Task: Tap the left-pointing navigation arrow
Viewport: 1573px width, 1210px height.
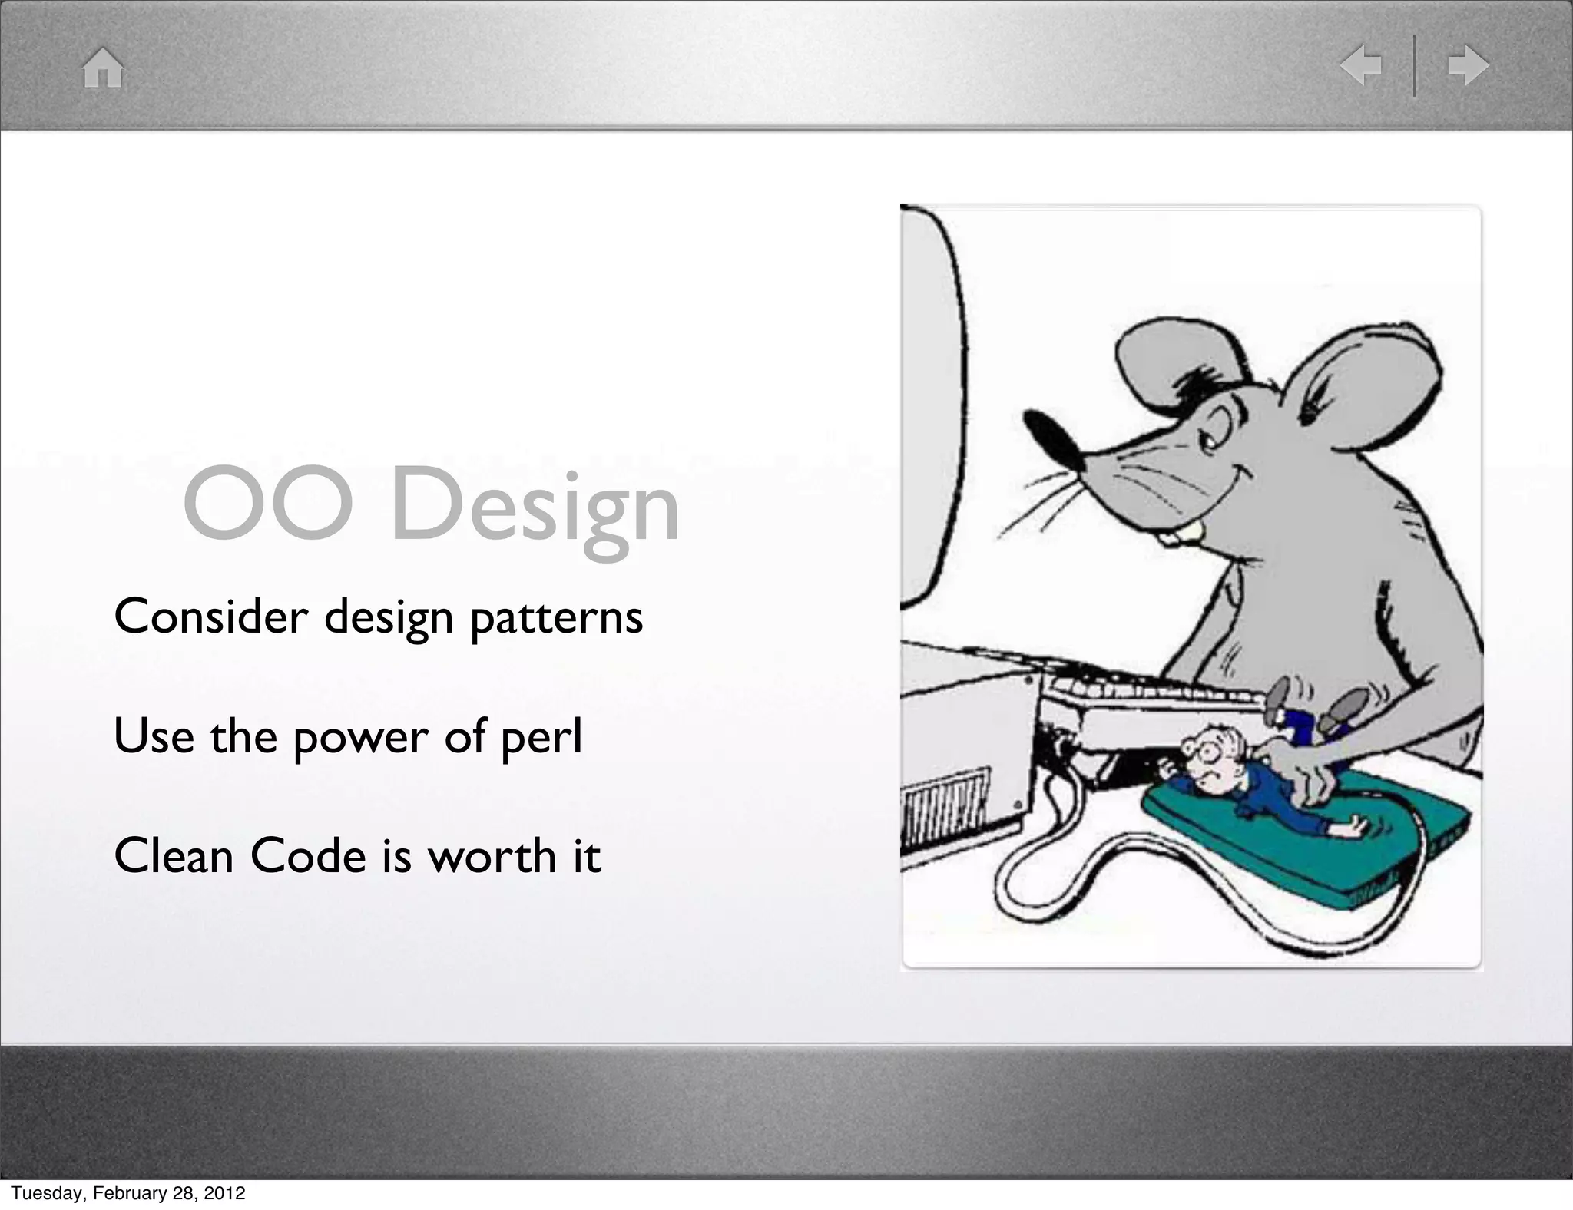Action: click(x=1361, y=66)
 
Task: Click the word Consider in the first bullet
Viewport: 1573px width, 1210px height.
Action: click(x=210, y=617)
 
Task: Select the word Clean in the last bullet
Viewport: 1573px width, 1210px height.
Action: click(x=174, y=856)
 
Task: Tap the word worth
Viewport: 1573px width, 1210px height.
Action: click(x=492, y=856)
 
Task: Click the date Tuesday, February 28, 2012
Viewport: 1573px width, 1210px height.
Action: click(x=128, y=1193)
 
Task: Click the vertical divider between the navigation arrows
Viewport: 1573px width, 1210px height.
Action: click(x=1415, y=66)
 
